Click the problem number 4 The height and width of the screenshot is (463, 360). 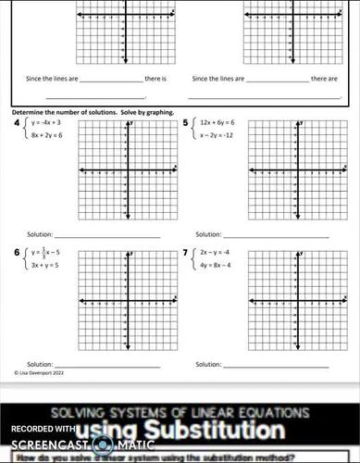tap(15, 121)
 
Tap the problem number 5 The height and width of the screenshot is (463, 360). tap(185, 121)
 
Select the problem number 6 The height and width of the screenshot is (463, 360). tap(15, 252)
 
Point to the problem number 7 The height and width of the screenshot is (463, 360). tap(185, 252)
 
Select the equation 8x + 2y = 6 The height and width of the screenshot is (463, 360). tap(46, 135)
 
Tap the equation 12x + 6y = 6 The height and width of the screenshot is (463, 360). tap(217, 122)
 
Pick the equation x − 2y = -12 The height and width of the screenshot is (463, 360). tap(218, 135)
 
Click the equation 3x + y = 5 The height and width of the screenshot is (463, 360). tap(44, 265)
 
